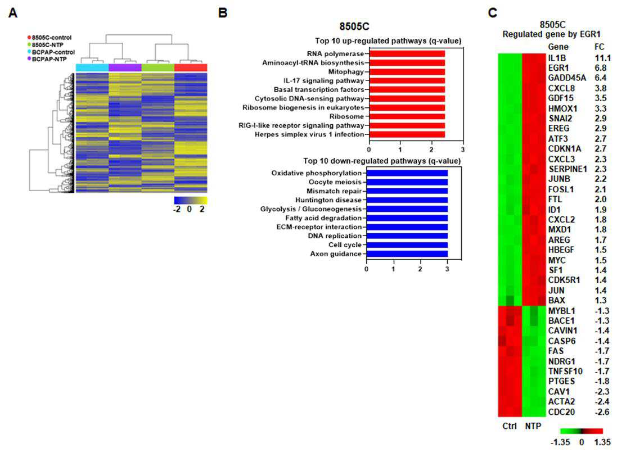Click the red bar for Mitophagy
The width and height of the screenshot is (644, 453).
click(x=407, y=72)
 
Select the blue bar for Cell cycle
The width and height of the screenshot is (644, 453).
click(x=407, y=245)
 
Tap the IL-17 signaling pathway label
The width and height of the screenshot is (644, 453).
click(x=323, y=80)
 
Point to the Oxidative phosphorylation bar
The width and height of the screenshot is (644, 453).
click(x=407, y=173)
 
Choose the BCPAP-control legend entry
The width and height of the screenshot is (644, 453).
click(x=51, y=52)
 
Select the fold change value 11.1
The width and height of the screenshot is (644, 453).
click(x=602, y=58)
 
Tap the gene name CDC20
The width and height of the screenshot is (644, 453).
click(x=561, y=412)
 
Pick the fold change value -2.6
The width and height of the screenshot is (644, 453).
click(x=602, y=412)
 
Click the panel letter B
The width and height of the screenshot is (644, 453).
click(x=223, y=13)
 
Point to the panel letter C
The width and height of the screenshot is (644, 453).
click(x=493, y=13)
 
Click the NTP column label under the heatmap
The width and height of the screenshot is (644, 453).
click(x=533, y=426)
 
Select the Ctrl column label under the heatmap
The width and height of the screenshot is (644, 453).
click(x=509, y=426)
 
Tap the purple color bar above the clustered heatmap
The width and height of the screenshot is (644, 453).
click(x=125, y=67)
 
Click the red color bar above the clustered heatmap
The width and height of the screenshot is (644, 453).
click(x=191, y=67)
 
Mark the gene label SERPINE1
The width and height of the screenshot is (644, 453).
click(x=568, y=169)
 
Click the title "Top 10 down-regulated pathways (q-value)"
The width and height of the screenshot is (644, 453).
click(x=382, y=161)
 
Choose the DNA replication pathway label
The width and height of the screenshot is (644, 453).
click(x=335, y=236)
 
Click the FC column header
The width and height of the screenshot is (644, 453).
click(x=599, y=47)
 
